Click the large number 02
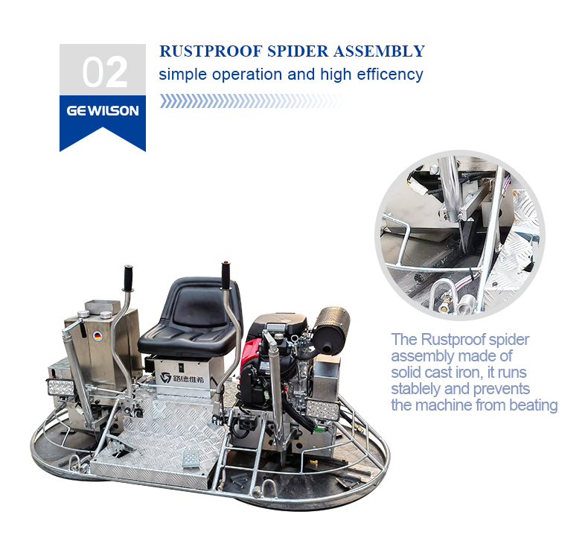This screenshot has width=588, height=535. tap(105, 72)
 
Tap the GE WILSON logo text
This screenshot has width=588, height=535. tap(103, 111)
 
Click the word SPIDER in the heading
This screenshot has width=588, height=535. tap(298, 51)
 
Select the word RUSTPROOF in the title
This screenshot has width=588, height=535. tap(211, 51)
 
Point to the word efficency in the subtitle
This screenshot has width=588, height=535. tap(390, 75)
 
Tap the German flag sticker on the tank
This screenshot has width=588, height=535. tap(98, 336)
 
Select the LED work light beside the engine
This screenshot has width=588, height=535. tap(323, 410)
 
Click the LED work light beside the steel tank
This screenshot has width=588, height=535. tap(60, 387)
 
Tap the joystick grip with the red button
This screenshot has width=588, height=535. tap(226, 276)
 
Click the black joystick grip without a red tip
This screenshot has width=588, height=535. tap(128, 279)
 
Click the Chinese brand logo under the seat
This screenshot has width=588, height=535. tap(182, 378)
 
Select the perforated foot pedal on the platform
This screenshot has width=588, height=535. tap(191, 459)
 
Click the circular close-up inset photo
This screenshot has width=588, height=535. tap(460, 235)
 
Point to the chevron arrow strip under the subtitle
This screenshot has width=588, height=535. tap(253, 101)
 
